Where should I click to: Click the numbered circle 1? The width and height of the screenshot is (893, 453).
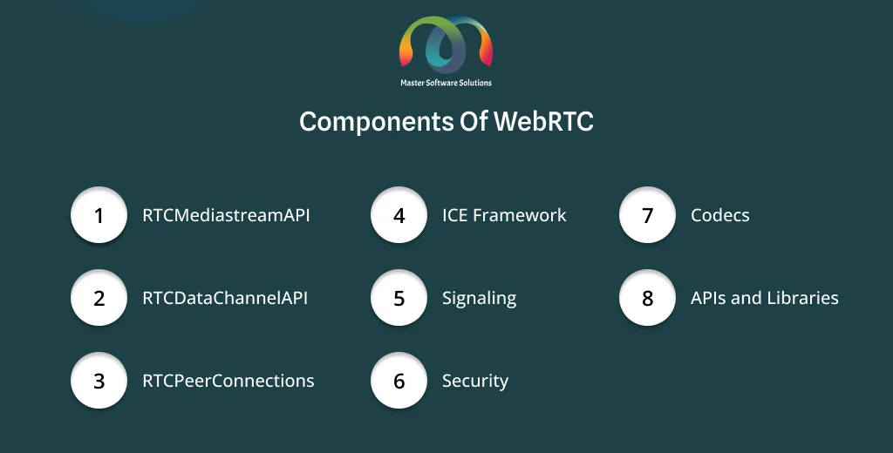tap(99, 215)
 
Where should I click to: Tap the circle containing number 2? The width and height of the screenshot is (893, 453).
tap(99, 298)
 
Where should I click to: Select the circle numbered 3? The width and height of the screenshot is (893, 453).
tap(99, 380)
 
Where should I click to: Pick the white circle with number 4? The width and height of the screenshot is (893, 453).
tap(399, 215)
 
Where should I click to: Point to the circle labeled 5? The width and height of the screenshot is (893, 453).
tap(399, 298)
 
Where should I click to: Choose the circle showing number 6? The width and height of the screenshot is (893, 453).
tap(399, 380)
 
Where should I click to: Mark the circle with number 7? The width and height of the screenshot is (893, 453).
tap(648, 215)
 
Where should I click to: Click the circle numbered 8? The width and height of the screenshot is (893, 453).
tap(648, 298)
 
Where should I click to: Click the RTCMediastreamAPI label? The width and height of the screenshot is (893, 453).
tap(226, 215)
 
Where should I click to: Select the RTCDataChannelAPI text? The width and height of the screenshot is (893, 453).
tap(225, 298)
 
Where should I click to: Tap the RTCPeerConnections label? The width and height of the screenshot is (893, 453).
tap(228, 380)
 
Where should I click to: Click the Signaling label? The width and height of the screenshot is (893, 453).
tap(480, 299)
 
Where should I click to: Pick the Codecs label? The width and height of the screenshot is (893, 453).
tap(719, 215)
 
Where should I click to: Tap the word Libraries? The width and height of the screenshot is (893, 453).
tap(802, 298)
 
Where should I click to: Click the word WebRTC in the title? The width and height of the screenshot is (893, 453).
tap(543, 121)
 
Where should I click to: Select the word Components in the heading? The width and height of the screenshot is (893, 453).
tap(376, 122)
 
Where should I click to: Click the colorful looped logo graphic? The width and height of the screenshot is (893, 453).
tap(446, 44)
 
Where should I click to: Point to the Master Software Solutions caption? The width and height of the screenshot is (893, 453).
tap(446, 83)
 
